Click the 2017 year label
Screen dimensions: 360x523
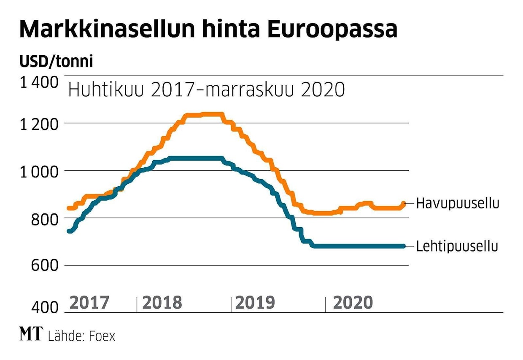pyautogui.click(x=89, y=303)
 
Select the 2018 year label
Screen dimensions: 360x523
pyautogui.click(x=162, y=303)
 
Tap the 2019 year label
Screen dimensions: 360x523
pyautogui.click(x=255, y=303)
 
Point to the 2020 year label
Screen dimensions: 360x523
pyautogui.click(x=353, y=303)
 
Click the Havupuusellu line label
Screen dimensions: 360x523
pyautogui.click(x=458, y=204)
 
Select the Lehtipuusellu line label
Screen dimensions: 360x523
pyautogui.click(x=457, y=246)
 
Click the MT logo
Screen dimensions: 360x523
pyautogui.click(x=31, y=335)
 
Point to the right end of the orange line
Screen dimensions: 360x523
pyautogui.click(x=404, y=204)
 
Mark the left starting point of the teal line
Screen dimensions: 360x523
pyautogui.click(x=70, y=231)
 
